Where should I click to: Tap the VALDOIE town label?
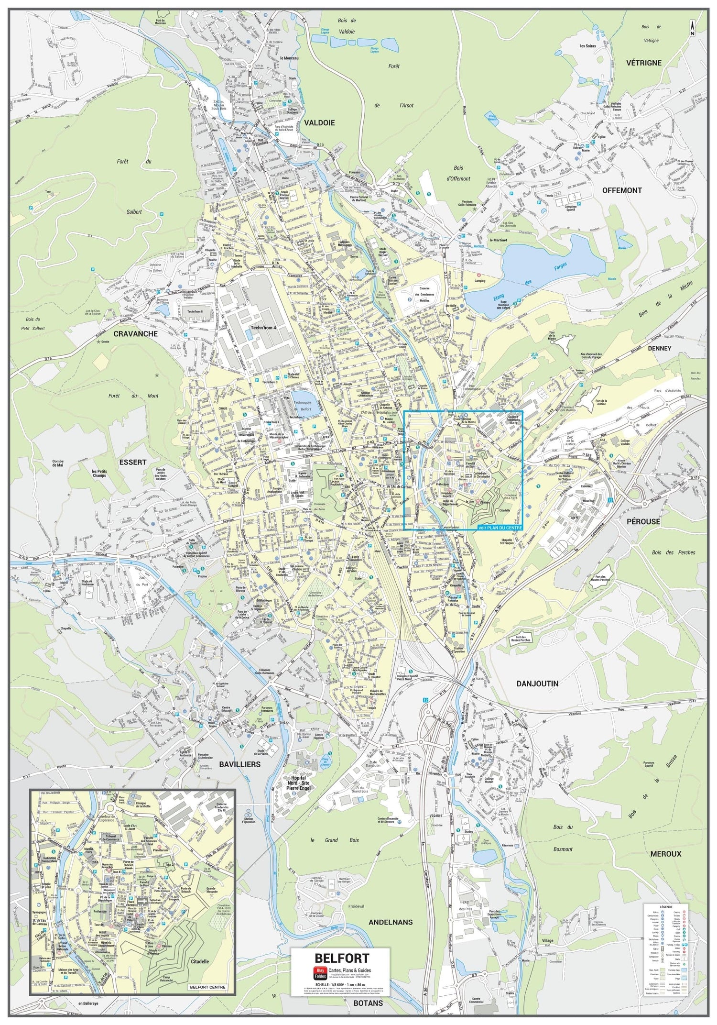tap(319, 123)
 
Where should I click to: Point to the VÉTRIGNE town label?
tap(644, 63)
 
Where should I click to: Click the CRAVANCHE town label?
tap(135, 334)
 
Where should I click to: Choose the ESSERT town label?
tap(133, 462)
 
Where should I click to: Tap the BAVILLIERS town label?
tap(239, 764)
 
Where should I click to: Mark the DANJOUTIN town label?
tap(537, 683)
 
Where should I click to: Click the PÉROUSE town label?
tap(643, 521)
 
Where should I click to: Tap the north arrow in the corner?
tap(692, 27)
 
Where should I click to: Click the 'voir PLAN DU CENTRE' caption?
tap(500, 528)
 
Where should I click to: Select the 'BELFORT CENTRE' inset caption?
tap(207, 987)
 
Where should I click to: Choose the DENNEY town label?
tap(659, 348)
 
